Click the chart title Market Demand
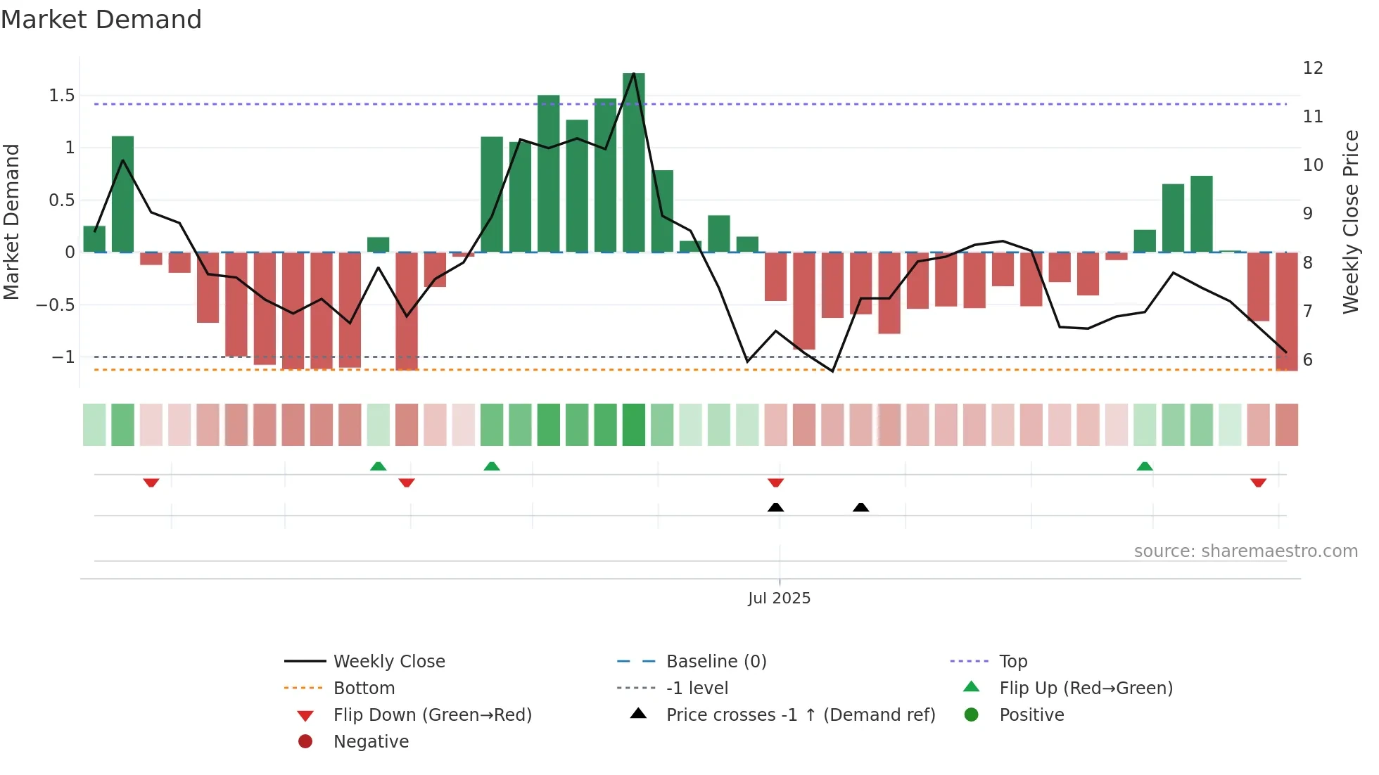click(x=101, y=20)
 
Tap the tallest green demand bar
click(x=633, y=162)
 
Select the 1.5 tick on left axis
click(x=62, y=96)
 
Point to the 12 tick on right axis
click(x=1313, y=68)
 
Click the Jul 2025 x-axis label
click(x=779, y=598)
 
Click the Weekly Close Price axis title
click(x=1350, y=222)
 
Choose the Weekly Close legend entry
click(x=388, y=662)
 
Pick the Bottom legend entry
click(x=364, y=688)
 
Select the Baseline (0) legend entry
click(x=716, y=662)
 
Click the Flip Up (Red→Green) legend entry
click(x=1086, y=688)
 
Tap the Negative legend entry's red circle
click(x=305, y=742)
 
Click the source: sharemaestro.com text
click(x=1245, y=551)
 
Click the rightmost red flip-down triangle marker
click(x=1258, y=482)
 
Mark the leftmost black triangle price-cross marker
click(x=775, y=507)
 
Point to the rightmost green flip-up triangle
click(x=1145, y=466)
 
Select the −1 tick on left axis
click(x=63, y=357)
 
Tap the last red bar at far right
click(x=1286, y=311)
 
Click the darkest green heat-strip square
click(x=633, y=425)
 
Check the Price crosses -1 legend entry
click(x=800, y=715)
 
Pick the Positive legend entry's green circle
click(x=972, y=715)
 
